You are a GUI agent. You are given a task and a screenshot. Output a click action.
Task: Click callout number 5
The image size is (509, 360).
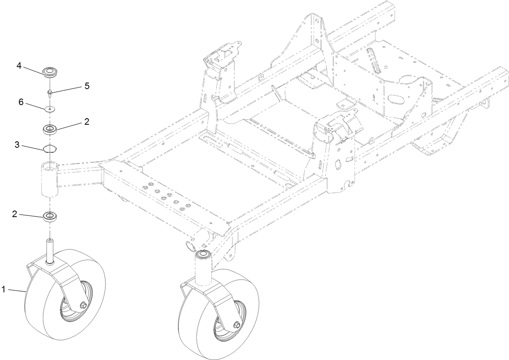[87, 86]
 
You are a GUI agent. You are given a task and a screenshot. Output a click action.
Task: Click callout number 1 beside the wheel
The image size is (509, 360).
[3, 289]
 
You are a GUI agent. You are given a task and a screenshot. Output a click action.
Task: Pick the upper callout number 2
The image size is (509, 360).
[86, 121]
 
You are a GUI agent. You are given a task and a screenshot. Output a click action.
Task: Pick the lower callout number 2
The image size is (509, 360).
[15, 214]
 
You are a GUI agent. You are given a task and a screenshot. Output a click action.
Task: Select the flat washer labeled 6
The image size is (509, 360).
[50, 109]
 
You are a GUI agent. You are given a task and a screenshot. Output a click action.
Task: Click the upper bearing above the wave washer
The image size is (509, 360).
[50, 130]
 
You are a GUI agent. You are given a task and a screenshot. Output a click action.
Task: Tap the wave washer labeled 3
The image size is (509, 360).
[50, 149]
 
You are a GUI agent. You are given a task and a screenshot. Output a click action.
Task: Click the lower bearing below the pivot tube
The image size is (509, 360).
[50, 215]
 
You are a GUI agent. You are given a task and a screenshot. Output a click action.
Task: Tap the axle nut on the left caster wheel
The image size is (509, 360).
[83, 305]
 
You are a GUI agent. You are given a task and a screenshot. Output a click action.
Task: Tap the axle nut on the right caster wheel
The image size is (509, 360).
[236, 324]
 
